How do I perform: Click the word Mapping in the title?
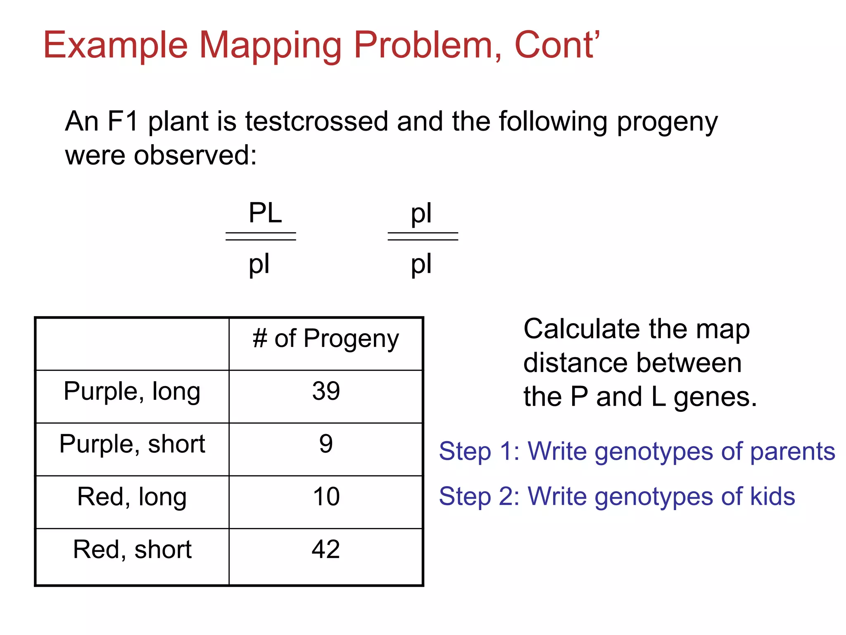click(x=270, y=46)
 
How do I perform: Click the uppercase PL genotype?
click(x=265, y=213)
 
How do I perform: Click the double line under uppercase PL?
click(x=261, y=236)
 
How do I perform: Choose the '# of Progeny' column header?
click(x=326, y=339)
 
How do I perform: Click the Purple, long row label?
click(x=132, y=392)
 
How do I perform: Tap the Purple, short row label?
click(x=132, y=444)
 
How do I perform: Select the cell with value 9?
click(x=326, y=444)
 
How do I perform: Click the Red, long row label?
click(x=132, y=497)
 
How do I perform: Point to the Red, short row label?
click(x=132, y=549)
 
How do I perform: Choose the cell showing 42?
click(x=326, y=549)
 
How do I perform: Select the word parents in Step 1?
click(x=792, y=451)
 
